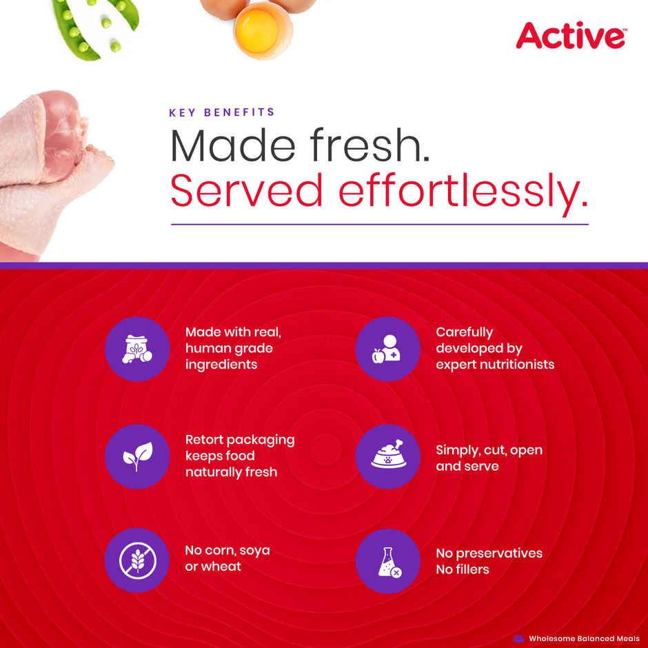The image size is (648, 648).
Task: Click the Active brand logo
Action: pos(571,36)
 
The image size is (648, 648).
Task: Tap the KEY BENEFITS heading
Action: pos(221,112)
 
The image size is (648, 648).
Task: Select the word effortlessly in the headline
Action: pos(463,190)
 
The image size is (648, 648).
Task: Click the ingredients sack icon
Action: pos(136,349)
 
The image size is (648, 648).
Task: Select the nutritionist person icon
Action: pos(387,349)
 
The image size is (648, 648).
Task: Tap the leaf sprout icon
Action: pos(136,456)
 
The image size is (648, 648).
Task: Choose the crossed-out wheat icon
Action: pos(136,560)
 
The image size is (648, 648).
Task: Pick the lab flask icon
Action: pos(387,561)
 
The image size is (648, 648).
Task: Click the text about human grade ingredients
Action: pos(233,348)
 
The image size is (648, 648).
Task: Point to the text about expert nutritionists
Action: pos(494,348)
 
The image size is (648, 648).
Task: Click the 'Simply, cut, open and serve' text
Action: pos(488,458)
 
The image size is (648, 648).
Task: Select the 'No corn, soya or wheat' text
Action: pos(227,558)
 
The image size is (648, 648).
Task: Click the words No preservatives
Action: pos(489,553)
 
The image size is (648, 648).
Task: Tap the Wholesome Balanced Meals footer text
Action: pos(583,638)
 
